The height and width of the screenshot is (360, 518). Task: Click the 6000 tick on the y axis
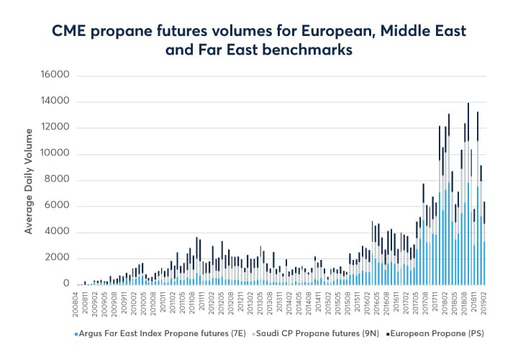coord(55,206)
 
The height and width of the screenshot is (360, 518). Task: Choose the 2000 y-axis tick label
coord(55,258)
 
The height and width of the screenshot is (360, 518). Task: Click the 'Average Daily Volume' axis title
coord(29,180)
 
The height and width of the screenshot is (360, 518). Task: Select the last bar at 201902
coord(485,245)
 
